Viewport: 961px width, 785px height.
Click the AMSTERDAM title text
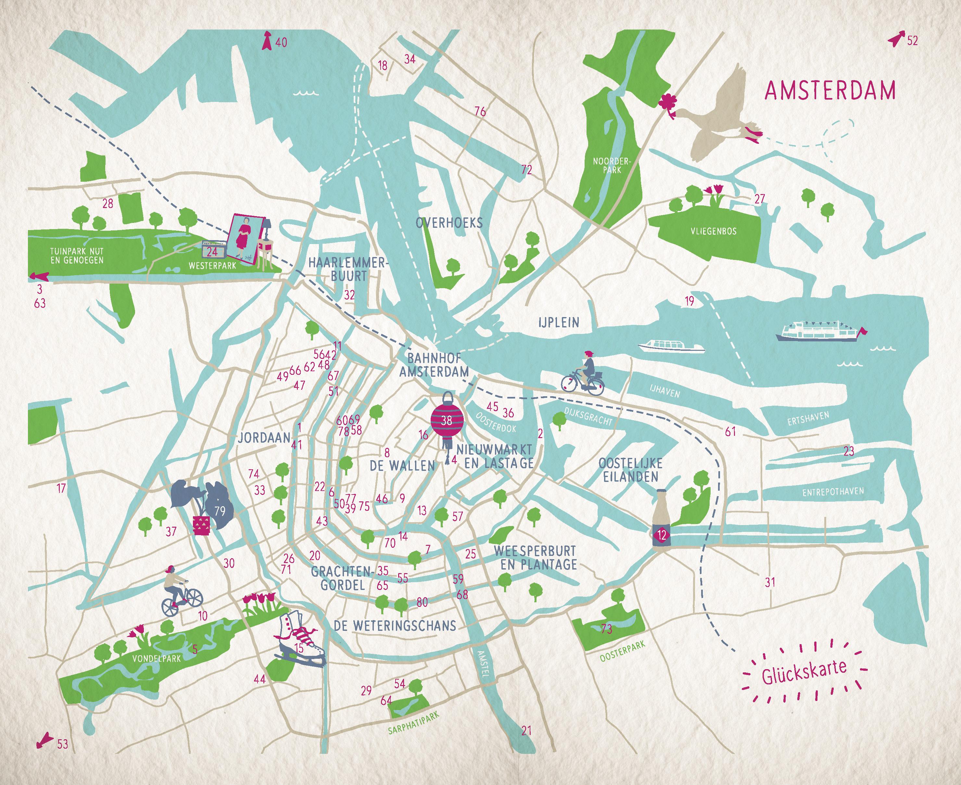830,91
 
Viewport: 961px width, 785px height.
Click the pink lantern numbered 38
447,421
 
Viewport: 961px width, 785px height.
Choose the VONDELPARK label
156,658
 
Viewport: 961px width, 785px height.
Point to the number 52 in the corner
912,41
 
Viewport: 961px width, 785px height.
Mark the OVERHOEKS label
449,223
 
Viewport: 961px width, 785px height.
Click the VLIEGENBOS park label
713,231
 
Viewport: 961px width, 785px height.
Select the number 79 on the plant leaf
220,511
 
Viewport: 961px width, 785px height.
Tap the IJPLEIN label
558,323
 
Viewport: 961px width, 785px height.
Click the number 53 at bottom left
62,744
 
